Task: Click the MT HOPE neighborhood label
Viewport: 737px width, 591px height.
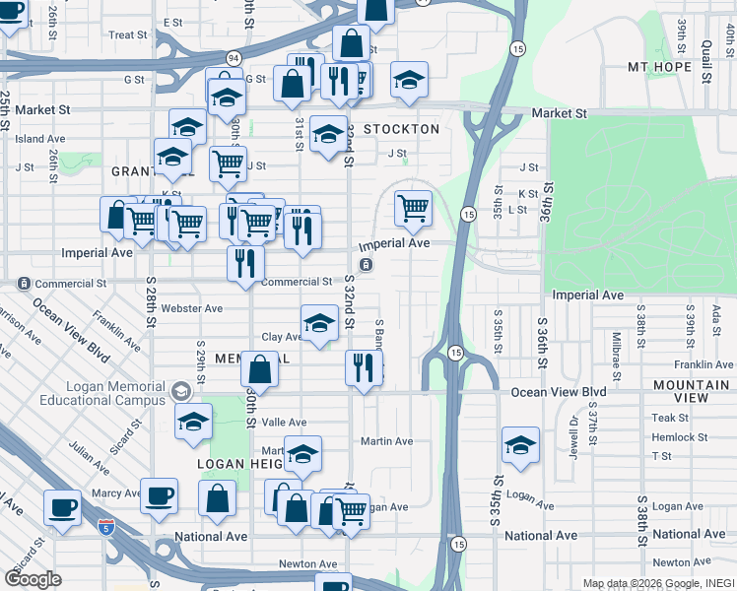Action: pyautogui.click(x=670, y=67)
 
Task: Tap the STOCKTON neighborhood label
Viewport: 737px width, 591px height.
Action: pyautogui.click(x=400, y=129)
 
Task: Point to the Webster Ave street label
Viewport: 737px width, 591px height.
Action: pyautogui.click(x=191, y=308)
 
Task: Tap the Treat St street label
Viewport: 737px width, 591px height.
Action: pyautogui.click(x=128, y=34)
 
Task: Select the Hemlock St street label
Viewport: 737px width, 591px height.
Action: pyautogui.click(x=680, y=436)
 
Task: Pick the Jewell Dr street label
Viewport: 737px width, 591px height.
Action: pyautogui.click(x=575, y=432)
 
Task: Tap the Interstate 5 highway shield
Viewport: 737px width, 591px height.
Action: pyautogui.click(x=108, y=528)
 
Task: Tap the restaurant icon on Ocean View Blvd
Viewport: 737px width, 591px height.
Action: pyautogui.click(x=364, y=367)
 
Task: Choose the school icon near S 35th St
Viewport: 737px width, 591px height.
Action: pyautogui.click(x=519, y=444)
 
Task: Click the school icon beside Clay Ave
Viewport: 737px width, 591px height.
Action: pyautogui.click(x=318, y=322)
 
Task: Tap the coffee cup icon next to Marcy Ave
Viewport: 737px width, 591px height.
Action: pyautogui.click(x=159, y=495)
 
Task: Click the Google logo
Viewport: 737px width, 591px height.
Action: pyautogui.click(x=33, y=579)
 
